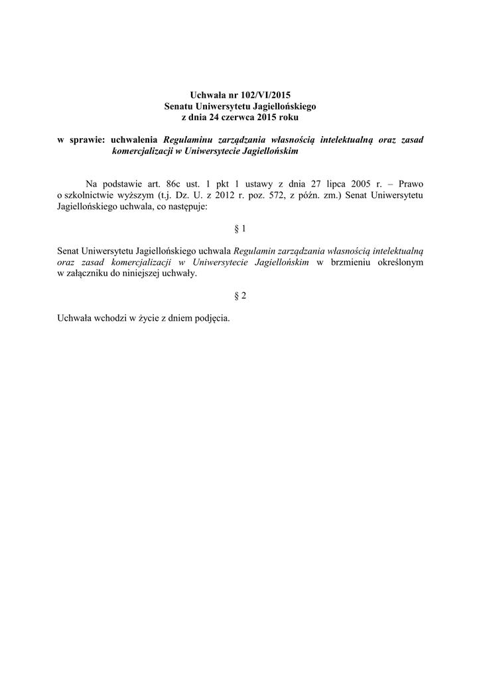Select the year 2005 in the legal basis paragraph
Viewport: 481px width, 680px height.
tap(369, 183)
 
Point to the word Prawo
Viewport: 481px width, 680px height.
tap(411, 183)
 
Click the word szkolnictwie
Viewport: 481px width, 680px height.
tap(92, 195)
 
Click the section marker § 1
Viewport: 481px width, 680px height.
tap(240, 229)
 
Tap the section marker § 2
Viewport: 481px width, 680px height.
tap(240, 296)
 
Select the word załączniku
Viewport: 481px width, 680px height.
tap(91, 274)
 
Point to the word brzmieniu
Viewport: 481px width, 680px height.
tap(352, 262)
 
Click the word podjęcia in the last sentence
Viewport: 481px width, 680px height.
tap(212, 318)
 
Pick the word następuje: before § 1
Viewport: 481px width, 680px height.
tap(186, 207)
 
